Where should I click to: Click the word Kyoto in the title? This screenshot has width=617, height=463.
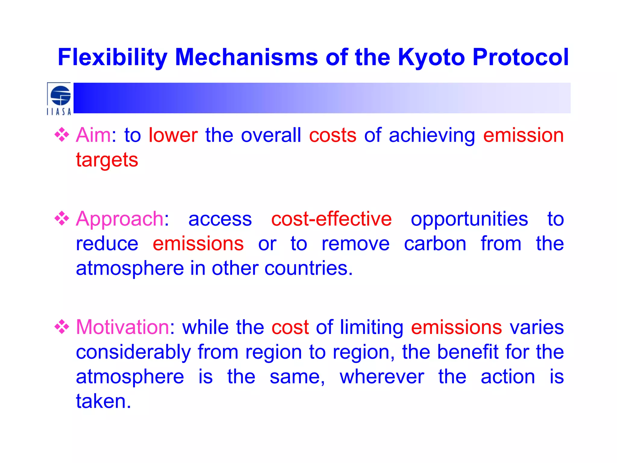tap(431, 57)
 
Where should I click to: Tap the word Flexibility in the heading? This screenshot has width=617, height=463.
tap(112, 57)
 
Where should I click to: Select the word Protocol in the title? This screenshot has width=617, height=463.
tap(521, 57)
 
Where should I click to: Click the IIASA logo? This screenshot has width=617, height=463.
tap(59, 99)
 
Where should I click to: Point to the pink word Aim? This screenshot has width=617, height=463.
tap(93, 135)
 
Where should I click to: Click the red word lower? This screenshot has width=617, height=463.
tap(173, 135)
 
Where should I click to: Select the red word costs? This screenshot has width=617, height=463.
tap(333, 135)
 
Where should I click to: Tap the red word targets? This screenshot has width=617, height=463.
tap(107, 160)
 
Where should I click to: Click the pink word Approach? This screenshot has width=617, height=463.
tap(120, 219)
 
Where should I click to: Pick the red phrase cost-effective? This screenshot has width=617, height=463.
tap(331, 219)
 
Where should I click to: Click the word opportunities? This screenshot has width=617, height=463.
tap(469, 219)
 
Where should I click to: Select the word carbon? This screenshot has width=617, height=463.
tap(435, 244)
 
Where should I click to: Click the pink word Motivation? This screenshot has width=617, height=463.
tap(123, 327)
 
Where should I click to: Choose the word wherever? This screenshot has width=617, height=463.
tap(382, 376)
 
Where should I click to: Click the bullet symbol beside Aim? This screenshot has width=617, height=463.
tap(62, 135)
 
